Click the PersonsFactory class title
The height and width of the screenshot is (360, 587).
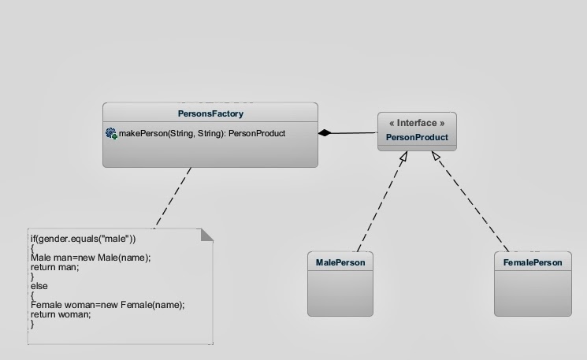pos(210,113)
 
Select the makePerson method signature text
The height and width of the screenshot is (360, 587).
pos(202,134)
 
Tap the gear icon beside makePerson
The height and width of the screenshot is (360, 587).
pos(111,134)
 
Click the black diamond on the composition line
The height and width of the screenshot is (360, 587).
pos(325,133)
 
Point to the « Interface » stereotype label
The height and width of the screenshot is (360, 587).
pos(417,124)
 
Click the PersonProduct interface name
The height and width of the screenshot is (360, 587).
pos(417,138)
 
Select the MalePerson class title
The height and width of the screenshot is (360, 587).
pos(340,262)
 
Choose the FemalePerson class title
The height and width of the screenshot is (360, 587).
pos(533,262)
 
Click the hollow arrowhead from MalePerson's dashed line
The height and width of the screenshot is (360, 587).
pos(403,158)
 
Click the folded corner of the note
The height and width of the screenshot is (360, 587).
pos(206,235)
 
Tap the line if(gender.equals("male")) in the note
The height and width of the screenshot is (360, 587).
pos(84,238)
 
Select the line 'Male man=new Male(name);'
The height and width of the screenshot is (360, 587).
pos(91,258)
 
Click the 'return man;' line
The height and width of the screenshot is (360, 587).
pos(55,267)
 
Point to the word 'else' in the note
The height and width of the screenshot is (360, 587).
pos(39,286)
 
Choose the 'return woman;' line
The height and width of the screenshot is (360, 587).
pos(61,314)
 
